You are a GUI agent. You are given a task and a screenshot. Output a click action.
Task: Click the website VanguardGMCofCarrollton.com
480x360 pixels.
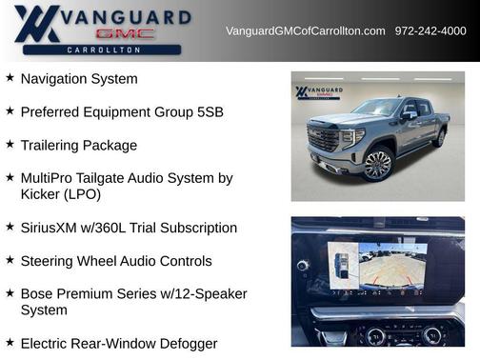pos(305,30)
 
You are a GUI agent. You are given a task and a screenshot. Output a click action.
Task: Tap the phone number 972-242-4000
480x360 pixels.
pos(430,30)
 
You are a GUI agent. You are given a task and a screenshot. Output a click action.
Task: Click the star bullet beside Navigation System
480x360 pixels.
pos(10,78)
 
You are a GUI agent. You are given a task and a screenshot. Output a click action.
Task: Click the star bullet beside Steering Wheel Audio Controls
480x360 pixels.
pos(10,259)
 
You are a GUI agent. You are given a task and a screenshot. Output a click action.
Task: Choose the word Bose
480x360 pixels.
pos(37,293)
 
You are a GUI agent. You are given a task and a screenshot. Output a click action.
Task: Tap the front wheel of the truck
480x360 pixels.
pos(377,165)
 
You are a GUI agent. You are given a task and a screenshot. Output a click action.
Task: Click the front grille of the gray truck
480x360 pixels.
pos(324,142)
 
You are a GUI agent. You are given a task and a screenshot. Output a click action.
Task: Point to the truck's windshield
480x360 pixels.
pos(375,108)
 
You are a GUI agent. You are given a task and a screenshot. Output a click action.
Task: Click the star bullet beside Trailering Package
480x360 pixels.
pos(10,144)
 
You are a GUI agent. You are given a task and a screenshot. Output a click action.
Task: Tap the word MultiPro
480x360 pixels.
pos(48,177)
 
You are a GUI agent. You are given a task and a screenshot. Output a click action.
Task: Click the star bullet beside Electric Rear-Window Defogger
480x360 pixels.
pos(10,342)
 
